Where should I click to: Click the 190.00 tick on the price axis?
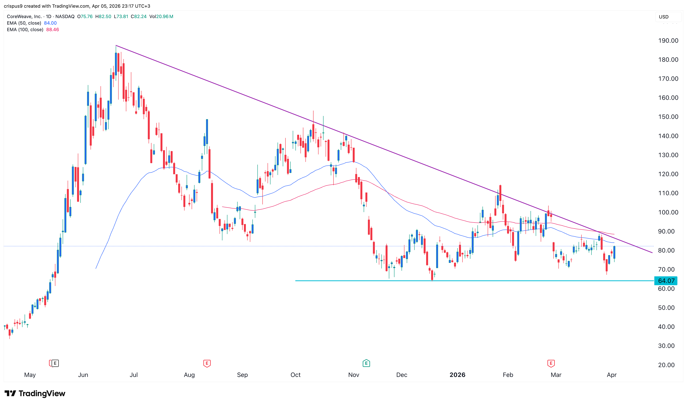click(668, 41)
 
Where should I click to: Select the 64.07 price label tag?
click(666, 281)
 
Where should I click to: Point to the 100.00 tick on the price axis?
click(668, 212)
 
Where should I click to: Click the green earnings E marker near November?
click(366, 363)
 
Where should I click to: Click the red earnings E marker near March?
click(551, 363)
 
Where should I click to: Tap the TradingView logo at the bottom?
click(35, 393)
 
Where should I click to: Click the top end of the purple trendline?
click(116, 46)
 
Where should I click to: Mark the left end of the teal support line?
click(296, 281)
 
